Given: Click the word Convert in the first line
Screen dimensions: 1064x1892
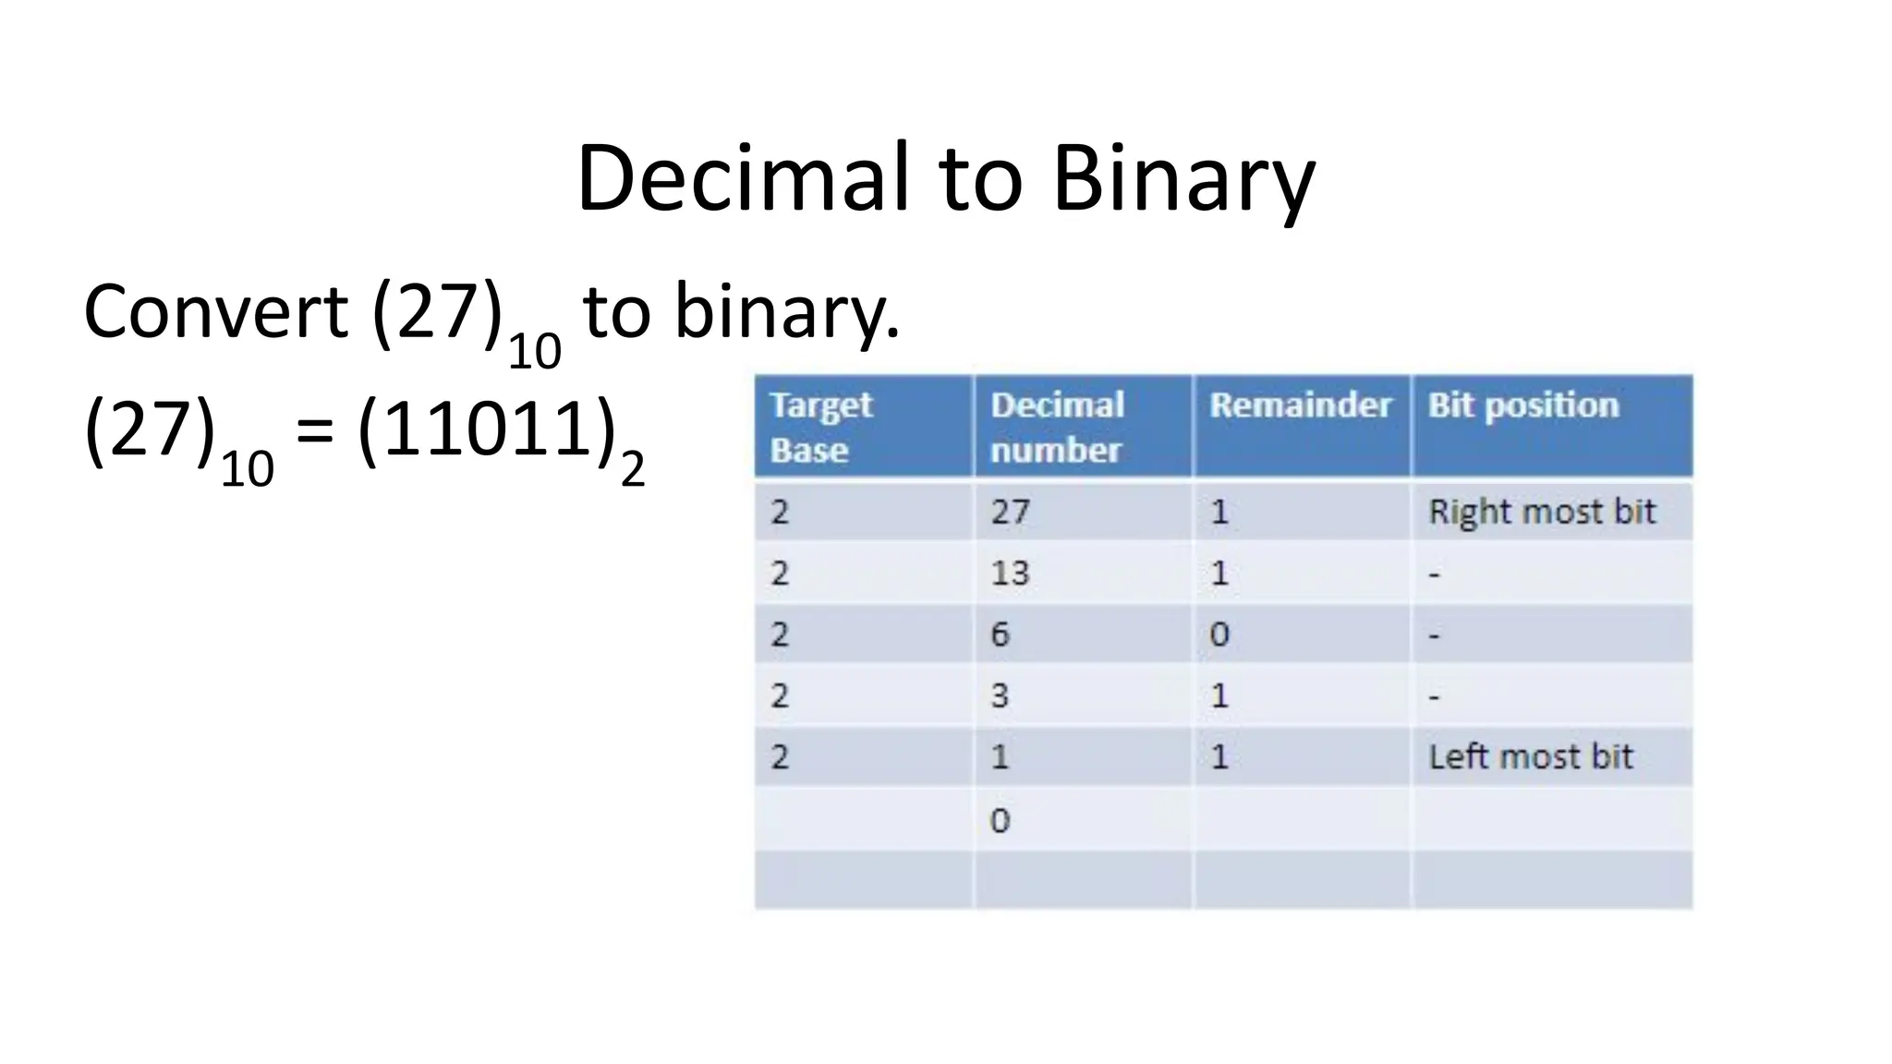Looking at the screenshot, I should tap(215, 311).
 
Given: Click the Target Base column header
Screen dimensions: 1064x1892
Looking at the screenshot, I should tap(820, 427).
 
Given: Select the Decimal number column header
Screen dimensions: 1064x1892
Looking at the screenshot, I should tap(1057, 427).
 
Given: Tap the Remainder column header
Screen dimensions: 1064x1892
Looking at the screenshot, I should tap(1300, 405).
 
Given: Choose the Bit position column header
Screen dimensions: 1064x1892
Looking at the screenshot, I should tap(1523, 405).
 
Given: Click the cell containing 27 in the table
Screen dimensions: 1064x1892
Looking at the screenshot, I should tap(1010, 511).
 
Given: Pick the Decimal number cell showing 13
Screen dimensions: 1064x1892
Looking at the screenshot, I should tap(1010, 573).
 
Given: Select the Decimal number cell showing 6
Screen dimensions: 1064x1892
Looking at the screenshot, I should tap(1000, 635).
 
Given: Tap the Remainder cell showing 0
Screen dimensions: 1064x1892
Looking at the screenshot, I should tap(1219, 635).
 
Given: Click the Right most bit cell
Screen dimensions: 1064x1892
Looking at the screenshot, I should tap(1542, 511).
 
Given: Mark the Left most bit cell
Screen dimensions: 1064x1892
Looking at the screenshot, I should tap(1531, 756).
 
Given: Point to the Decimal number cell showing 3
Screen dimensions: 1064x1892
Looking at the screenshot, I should tap(1000, 695).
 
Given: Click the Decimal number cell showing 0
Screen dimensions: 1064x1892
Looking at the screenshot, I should tap(1000, 819).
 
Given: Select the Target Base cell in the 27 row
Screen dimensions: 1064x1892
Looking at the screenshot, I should tap(781, 511).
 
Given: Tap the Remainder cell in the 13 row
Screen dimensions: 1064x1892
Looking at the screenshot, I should tap(1219, 573).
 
